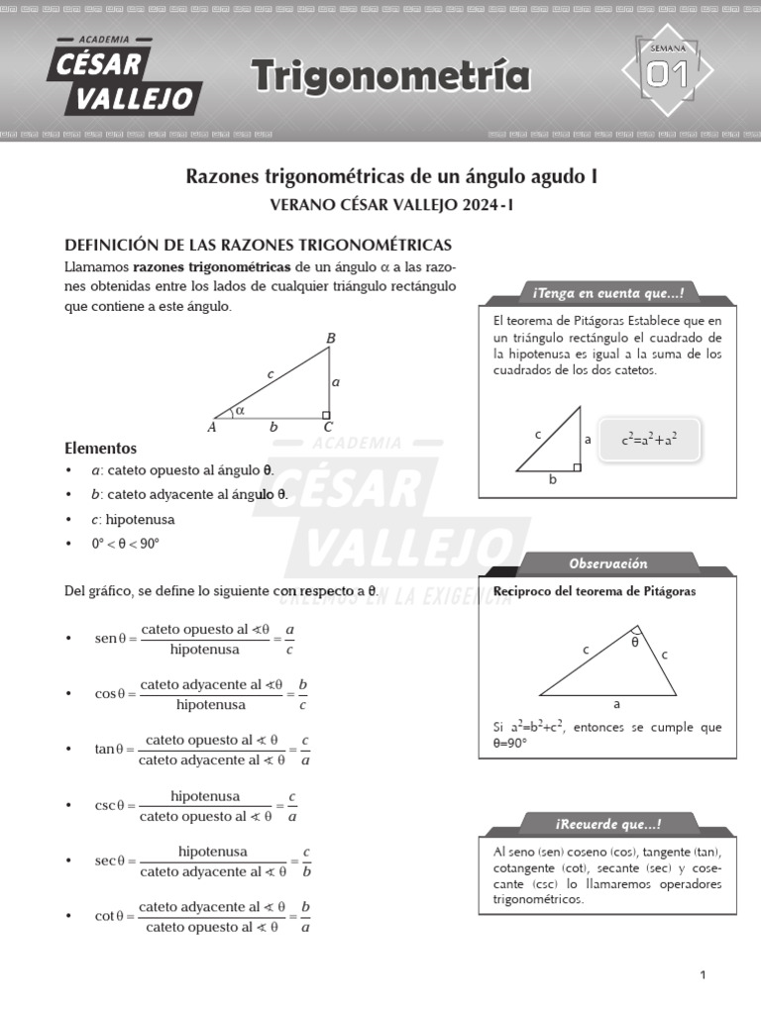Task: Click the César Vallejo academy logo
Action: [123, 75]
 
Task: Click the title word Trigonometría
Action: [389, 76]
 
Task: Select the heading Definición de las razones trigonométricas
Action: [258, 245]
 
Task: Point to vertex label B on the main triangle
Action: [331, 339]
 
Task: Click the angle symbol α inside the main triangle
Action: [240, 410]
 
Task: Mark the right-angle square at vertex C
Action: [325, 415]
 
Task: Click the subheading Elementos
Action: [100, 448]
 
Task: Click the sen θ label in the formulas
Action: [110, 639]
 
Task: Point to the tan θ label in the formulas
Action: [111, 750]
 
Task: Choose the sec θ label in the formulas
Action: [111, 862]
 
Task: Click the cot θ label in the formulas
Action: [111, 916]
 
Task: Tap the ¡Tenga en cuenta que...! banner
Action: [607, 292]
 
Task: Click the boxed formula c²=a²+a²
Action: [648, 439]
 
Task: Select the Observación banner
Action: [607, 563]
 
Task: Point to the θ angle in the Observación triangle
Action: [635, 641]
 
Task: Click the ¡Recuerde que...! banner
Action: [607, 825]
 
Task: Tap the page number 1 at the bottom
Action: [703, 975]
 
